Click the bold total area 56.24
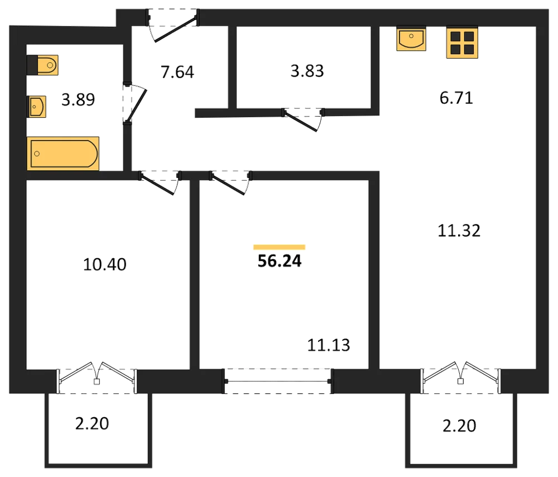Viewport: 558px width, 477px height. (280, 261)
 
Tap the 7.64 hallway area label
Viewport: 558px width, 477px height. (177, 72)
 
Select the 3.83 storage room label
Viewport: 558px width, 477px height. (307, 71)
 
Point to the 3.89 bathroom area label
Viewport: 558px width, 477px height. (78, 100)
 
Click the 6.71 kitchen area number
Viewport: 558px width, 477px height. (456, 98)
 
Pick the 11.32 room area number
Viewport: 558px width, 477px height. (459, 231)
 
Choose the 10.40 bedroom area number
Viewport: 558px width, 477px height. (105, 264)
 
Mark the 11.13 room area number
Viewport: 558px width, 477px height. (329, 345)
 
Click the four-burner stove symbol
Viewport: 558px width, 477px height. (462, 42)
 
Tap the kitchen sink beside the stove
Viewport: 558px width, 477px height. (411, 38)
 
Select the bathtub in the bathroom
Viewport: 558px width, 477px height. (63, 153)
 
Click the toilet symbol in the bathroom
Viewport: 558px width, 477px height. (42, 65)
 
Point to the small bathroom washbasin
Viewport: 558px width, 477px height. (36, 107)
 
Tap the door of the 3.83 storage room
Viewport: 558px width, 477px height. (301, 122)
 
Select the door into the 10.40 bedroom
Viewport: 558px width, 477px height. (157, 184)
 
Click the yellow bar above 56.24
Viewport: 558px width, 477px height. (280, 247)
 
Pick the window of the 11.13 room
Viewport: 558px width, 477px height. (278, 381)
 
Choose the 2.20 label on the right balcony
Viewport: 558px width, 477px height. (459, 426)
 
